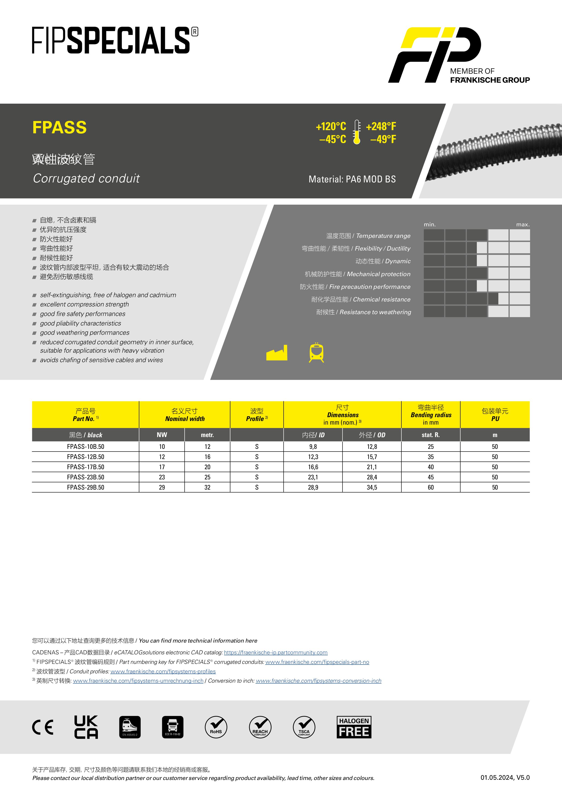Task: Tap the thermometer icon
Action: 357,132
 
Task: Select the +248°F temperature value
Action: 381,127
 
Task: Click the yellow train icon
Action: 316,353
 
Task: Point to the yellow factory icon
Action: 277,353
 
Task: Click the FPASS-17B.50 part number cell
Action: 85,467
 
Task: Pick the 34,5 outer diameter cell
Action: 372,487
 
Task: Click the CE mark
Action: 43,727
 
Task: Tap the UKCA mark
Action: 86,727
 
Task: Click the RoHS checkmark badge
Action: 216,727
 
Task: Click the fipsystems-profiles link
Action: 163,671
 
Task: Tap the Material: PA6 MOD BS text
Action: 352,179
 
